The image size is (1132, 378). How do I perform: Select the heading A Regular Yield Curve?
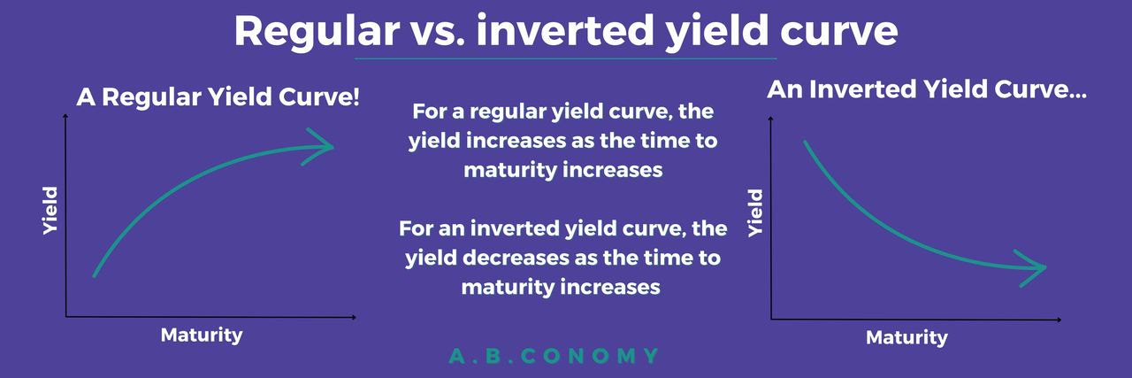[218, 97]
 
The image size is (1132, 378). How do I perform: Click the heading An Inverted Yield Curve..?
[926, 90]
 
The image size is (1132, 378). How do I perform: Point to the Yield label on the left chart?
[50, 210]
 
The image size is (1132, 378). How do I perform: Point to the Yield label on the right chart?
[755, 212]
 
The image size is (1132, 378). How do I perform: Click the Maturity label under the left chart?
[202, 335]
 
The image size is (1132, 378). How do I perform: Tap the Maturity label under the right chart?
[906, 337]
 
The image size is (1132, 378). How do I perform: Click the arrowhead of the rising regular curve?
[318, 147]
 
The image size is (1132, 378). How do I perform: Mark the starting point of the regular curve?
[95, 275]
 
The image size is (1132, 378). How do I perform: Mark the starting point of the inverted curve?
[805, 143]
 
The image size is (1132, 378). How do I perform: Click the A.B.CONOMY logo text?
[554, 356]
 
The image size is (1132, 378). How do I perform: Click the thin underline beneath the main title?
[565, 58]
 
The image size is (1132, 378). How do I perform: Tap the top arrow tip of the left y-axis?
[65, 115]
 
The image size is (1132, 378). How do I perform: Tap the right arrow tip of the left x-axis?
[356, 317]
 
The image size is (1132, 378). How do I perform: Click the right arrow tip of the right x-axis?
[1061, 320]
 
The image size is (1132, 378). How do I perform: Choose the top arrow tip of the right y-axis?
[770, 117]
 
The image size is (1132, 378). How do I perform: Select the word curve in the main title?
[839, 32]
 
